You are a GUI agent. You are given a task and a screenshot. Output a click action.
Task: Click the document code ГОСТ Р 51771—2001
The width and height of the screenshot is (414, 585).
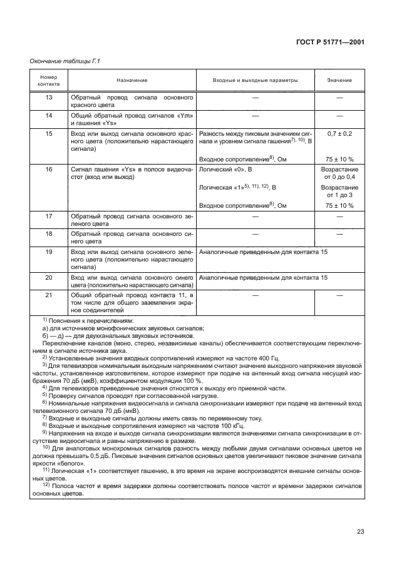click(x=330, y=41)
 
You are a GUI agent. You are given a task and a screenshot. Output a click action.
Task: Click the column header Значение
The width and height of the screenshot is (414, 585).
click(x=339, y=81)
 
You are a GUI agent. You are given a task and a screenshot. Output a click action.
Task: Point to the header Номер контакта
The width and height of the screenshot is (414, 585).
click(x=48, y=81)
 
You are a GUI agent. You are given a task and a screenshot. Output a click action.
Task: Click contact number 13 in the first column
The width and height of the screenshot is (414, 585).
click(x=48, y=98)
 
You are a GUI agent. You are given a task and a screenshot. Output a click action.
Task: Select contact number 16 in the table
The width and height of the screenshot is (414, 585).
click(x=48, y=169)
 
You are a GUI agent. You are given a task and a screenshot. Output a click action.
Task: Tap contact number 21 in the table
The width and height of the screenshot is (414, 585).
click(x=48, y=294)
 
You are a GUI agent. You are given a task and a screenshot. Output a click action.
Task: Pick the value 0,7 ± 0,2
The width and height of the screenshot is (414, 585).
click(x=339, y=134)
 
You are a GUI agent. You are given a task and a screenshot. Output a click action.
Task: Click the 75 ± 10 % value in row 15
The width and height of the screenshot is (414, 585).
click(x=339, y=159)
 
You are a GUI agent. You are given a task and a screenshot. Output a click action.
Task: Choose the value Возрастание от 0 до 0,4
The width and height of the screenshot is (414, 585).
click(x=339, y=173)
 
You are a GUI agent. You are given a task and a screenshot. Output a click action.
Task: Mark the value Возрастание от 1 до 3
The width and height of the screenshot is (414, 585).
click(x=339, y=191)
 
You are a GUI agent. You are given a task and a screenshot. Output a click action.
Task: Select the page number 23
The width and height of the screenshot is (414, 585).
click(x=360, y=531)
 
